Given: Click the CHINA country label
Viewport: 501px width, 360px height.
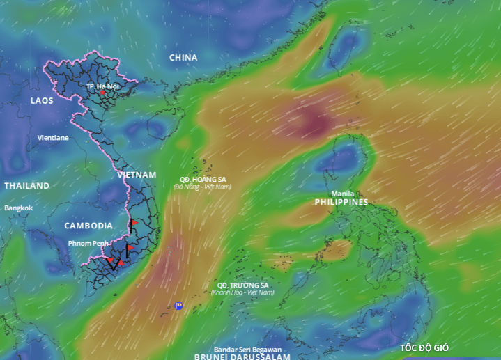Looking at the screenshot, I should click(183, 57).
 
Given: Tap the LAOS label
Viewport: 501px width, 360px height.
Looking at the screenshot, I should click(42, 101).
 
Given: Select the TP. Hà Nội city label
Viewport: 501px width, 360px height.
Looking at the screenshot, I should click(103, 86).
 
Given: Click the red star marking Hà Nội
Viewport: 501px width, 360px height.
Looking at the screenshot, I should click(103, 93).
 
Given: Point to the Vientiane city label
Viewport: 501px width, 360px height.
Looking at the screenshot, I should click(53, 138).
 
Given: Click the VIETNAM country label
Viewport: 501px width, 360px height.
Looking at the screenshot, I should click(137, 174).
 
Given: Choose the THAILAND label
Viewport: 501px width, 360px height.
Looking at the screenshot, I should click(26, 186).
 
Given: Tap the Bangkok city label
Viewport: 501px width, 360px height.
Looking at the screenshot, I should click(18, 208).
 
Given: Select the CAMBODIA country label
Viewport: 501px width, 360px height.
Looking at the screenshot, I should click(88, 226).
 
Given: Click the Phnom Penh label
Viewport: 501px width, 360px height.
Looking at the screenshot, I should click(87, 243).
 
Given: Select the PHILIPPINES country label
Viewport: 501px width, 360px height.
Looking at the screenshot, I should click(341, 202).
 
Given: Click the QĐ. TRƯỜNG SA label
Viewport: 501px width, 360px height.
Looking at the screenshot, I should click(242, 285).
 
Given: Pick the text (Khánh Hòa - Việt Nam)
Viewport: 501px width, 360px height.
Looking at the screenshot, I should click(242, 292).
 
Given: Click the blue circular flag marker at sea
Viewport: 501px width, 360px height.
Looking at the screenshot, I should click(179, 305).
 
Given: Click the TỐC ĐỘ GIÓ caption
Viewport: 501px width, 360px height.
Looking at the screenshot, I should click(424, 348).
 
